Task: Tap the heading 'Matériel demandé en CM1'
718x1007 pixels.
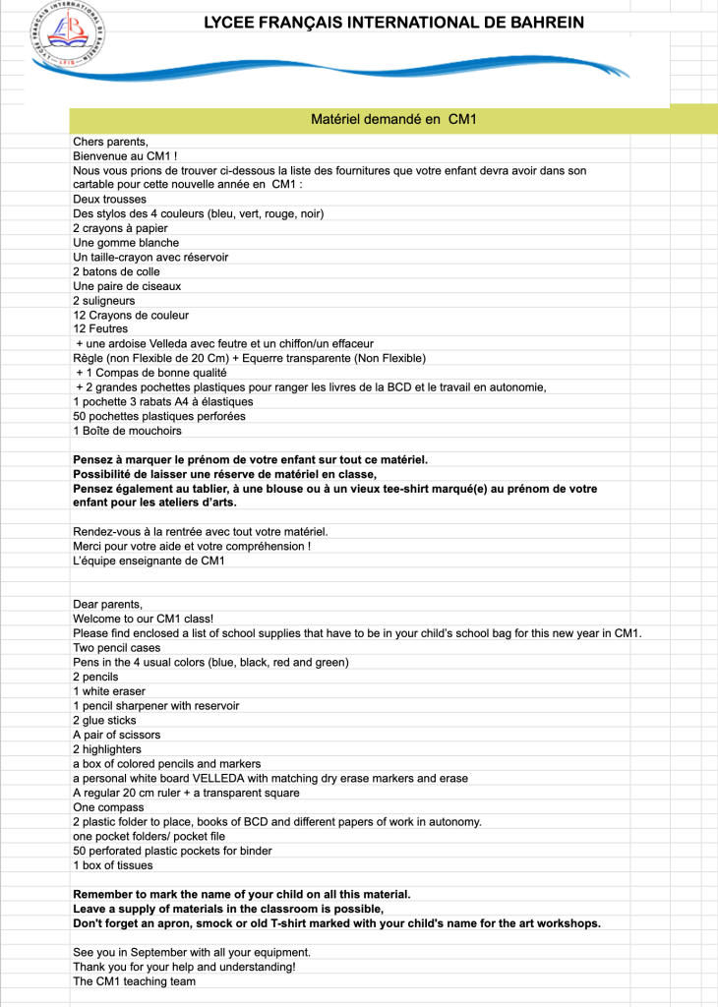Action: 393,119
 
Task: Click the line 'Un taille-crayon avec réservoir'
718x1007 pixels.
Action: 150,257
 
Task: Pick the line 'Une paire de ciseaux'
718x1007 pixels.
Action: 127,286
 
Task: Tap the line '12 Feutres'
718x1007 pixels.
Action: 100,329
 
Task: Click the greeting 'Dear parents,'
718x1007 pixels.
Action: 107,604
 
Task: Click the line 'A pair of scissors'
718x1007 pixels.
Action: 116,735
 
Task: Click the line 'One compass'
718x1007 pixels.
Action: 107,807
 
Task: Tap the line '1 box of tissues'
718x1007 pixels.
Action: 112,865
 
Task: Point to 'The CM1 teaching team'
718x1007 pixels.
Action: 134,981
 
